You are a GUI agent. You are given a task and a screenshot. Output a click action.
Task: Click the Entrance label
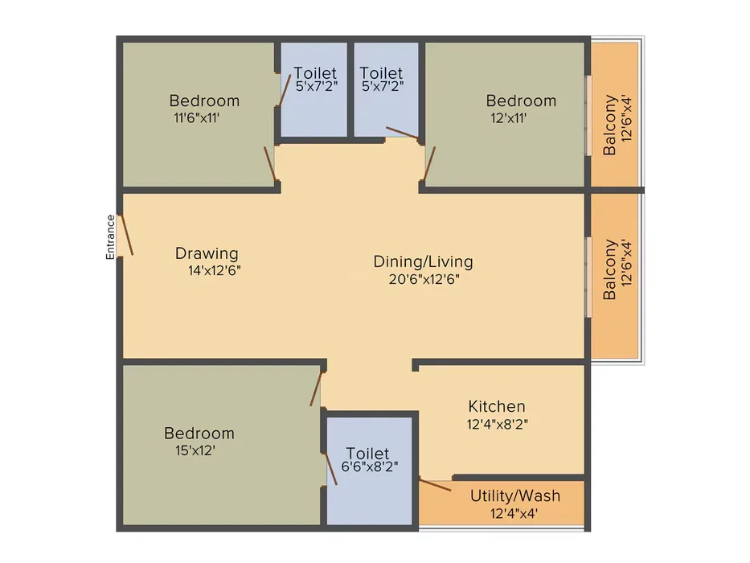(x=110, y=237)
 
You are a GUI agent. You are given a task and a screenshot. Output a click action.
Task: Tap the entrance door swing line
(x=125, y=235)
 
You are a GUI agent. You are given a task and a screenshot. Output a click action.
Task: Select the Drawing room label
(x=207, y=253)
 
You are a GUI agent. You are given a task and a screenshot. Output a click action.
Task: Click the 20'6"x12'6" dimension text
(x=424, y=279)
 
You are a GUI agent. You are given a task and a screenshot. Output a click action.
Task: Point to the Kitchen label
(x=497, y=406)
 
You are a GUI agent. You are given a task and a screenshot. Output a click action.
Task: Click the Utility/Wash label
(x=515, y=496)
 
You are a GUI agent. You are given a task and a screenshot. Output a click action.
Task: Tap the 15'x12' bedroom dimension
(x=195, y=450)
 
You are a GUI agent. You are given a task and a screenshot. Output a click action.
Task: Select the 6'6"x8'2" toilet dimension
(x=370, y=466)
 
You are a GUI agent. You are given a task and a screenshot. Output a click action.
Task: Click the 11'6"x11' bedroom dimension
(x=197, y=117)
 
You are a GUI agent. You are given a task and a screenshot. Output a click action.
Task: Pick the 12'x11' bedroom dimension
(x=509, y=117)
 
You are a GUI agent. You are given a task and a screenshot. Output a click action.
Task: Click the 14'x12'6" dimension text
(x=215, y=271)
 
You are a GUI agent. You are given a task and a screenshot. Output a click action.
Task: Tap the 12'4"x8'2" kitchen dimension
(x=498, y=424)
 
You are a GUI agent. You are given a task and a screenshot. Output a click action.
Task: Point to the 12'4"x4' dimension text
(x=514, y=514)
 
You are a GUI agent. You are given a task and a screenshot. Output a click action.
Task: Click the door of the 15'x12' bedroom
(x=316, y=388)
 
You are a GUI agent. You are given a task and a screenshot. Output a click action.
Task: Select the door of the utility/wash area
(x=435, y=484)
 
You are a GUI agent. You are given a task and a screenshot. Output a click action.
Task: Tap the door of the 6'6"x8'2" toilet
(x=330, y=469)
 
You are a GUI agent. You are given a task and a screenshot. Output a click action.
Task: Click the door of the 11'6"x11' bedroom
(x=270, y=164)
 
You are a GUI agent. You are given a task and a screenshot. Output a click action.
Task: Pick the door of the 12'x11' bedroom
(x=429, y=164)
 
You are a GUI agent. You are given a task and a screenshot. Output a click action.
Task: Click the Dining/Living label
(x=424, y=261)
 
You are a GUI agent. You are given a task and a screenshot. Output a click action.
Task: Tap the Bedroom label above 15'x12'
(x=199, y=434)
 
